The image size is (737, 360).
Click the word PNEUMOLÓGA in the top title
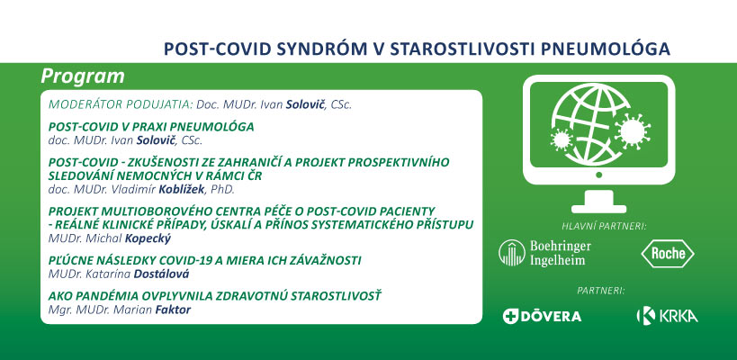coord(606,49)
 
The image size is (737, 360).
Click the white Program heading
coord(83,76)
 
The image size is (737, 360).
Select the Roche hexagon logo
coord(668,254)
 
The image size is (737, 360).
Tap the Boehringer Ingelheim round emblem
coord(512,253)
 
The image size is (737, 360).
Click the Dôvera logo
coord(542,316)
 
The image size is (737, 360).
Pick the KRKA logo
coord(667,315)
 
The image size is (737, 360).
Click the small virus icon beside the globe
coord(562,139)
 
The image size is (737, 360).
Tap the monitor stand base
coord(598,209)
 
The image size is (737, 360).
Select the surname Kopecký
coord(148,238)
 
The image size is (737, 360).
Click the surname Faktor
coord(173,310)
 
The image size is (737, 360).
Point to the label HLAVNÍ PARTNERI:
coord(605,227)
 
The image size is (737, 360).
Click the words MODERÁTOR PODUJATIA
coord(120,104)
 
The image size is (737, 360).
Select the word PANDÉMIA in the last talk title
coord(92,297)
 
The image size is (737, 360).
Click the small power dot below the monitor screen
coord(598,175)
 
